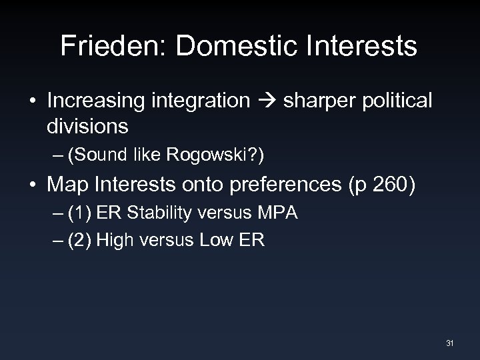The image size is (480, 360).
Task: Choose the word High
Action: [x=113, y=240]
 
